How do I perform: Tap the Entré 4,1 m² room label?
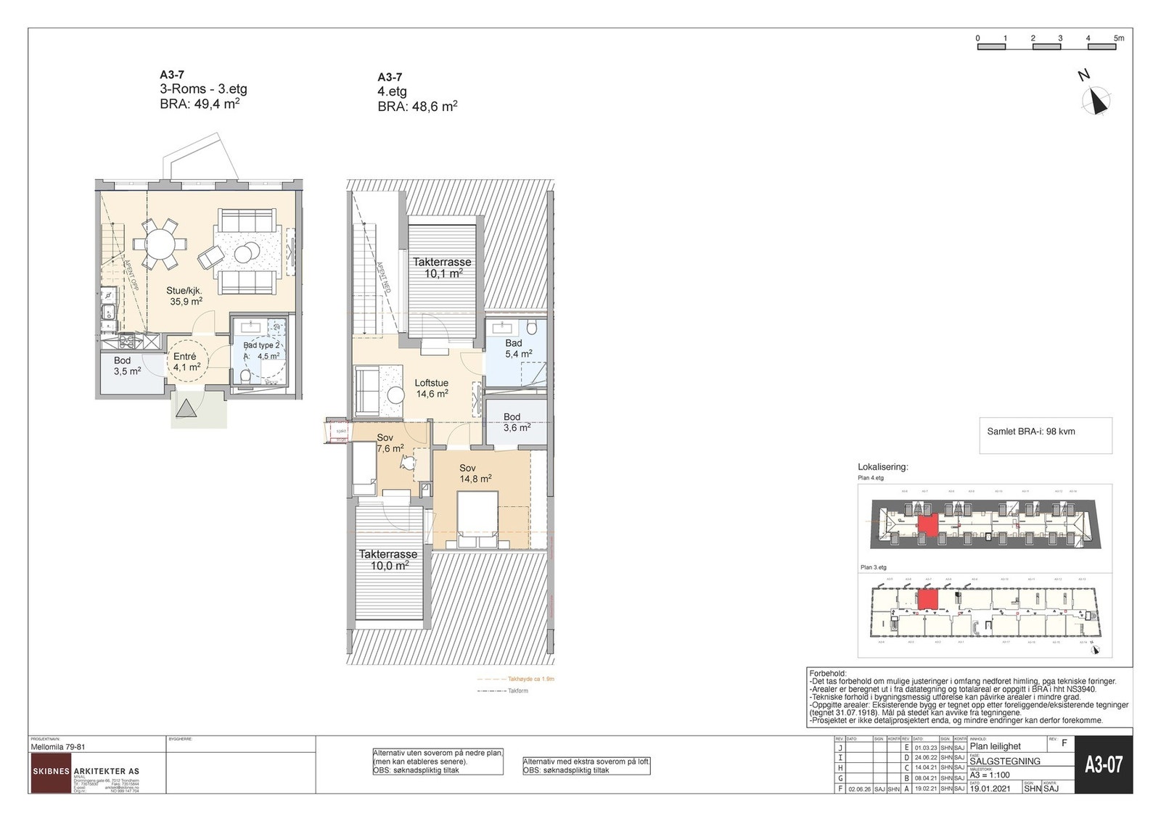[186, 362]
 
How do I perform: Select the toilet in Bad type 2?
[245, 376]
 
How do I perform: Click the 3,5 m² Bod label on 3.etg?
[125, 366]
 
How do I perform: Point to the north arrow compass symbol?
[1096, 101]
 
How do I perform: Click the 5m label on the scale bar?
[1118, 38]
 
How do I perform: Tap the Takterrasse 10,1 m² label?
[442, 268]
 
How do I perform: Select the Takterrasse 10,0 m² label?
[387, 560]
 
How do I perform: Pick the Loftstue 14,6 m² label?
[432, 389]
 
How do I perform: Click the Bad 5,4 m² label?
[518, 349]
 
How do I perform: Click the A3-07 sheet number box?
[1103, 764]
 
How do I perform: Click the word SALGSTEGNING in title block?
[1004, 761]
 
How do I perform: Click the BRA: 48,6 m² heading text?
[417, 107]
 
